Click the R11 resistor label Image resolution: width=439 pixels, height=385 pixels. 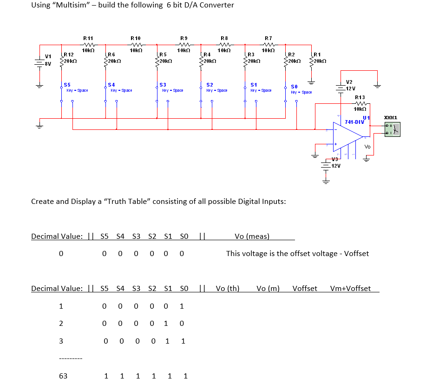click(x=88, y=38)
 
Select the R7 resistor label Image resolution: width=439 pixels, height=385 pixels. click(x=268, y=38)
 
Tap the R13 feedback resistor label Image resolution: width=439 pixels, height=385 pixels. click(x=360, y=97)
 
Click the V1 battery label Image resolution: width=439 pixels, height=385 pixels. click(x=48, y=57)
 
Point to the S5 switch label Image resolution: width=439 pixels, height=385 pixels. click(x=67, y=85)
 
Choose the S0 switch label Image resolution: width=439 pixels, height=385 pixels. click(x=294, y=87)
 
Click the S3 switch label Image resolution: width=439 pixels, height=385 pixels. click(x=163, y=85)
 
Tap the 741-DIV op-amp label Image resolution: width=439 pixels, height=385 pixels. click(x=354, y=122)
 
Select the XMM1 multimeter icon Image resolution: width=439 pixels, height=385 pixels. click(x=392, y=129)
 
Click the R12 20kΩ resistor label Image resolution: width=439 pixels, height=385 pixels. click(x=68, y=55)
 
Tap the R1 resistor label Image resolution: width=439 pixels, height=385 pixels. click(x=317, y=55)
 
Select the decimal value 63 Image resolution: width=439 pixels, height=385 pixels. click(x=63, y=376)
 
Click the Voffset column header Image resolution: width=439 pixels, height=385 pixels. click(x=305, y=288)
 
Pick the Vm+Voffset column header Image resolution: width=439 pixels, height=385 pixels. click(x=350, y=288)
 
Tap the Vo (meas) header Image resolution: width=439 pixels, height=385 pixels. click(x=252, y=236)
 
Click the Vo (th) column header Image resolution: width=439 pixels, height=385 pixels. click(x=228, y=288)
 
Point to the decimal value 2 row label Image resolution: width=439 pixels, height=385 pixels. click(x=61, y=324)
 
